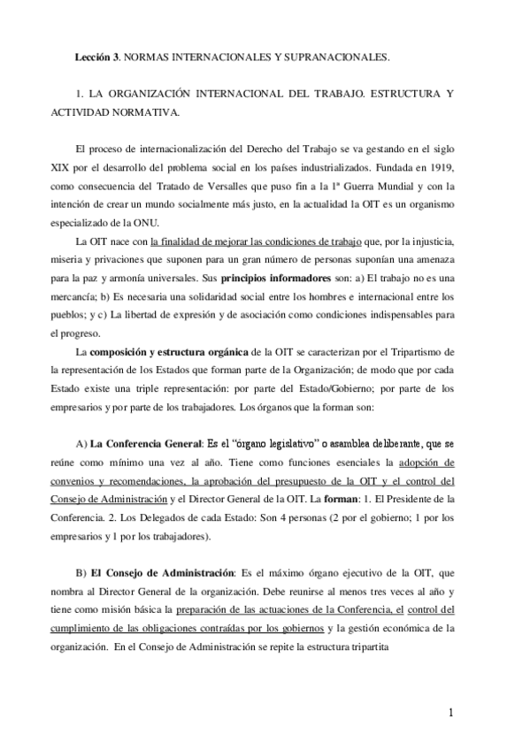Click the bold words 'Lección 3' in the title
click(x=96, y=57)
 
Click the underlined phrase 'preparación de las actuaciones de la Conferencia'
click(x=287, y=610)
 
